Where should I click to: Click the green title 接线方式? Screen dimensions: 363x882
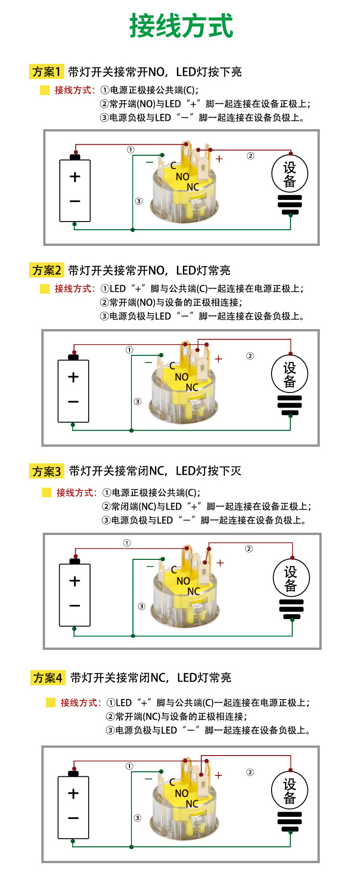tap(181, 26)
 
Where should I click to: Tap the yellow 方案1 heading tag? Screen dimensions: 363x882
tap(46, 72)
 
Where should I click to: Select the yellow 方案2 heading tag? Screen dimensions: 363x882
tap(46, 270)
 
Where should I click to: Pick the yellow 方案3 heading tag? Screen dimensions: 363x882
tap(46, 471)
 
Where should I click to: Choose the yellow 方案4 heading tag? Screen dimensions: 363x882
tap(48, 678)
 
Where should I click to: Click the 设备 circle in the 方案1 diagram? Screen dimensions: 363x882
tap(289, 174)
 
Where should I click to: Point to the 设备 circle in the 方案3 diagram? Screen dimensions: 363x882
tap(291, 578)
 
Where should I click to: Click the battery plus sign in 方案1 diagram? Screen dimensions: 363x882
tap(75, 177)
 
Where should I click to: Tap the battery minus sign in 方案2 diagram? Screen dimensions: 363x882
tap(74, 402)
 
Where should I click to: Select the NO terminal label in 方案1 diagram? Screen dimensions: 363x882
tap(182, 177)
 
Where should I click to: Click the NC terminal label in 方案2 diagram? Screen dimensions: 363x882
tap(192, 387)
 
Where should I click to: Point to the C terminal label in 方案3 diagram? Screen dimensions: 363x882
tap(174, 570)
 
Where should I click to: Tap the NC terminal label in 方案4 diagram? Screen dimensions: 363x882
tap(192, 804)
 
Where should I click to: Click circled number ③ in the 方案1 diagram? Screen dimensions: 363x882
tap(138, 201)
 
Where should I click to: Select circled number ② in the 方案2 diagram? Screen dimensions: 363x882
tap(250, 356)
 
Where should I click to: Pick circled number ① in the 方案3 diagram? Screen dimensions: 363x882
tap(127, 543)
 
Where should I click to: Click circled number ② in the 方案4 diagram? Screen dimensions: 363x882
tap(250, 772)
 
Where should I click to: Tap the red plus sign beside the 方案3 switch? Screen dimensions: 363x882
tap(220, 563)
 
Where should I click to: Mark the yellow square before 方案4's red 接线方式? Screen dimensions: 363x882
tap(51, 703)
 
